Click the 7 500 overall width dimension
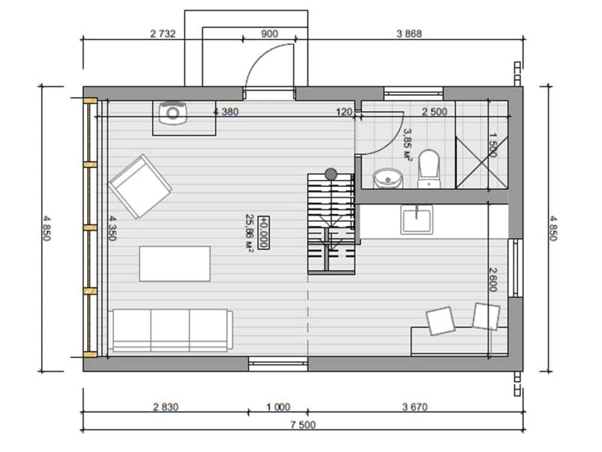pos(303,425)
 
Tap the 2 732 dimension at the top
pos(163,34)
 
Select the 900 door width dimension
pos(270,34)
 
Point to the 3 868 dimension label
pos(409,34)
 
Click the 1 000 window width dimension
pos(278,407)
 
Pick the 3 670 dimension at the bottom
pos(415,407)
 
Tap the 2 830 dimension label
pos(166,407)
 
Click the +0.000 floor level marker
pos(264,233)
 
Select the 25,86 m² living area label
pos(250,233)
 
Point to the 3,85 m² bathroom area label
pos(408,144)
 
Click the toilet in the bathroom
pos(429,169)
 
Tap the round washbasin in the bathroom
pos(388,179)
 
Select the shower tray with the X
pos(482,162)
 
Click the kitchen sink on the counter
pos(417,219)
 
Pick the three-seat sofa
pos(170,330)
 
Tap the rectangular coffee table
pos(175,264)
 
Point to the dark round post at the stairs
pos(330,175)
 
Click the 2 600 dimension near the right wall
pos(494,280)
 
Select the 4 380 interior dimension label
pos(226,112)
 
